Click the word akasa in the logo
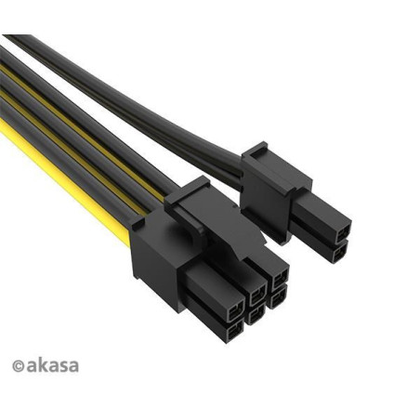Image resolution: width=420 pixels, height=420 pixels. coord(52,365)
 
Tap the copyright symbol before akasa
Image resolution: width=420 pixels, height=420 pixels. coord(18,366)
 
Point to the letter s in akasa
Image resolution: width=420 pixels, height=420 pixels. coord(63,366)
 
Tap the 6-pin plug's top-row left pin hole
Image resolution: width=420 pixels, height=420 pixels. coord(236,313)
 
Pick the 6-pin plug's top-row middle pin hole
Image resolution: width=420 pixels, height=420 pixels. coord(258,295)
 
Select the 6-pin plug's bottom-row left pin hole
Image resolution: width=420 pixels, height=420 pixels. coord(235,333)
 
